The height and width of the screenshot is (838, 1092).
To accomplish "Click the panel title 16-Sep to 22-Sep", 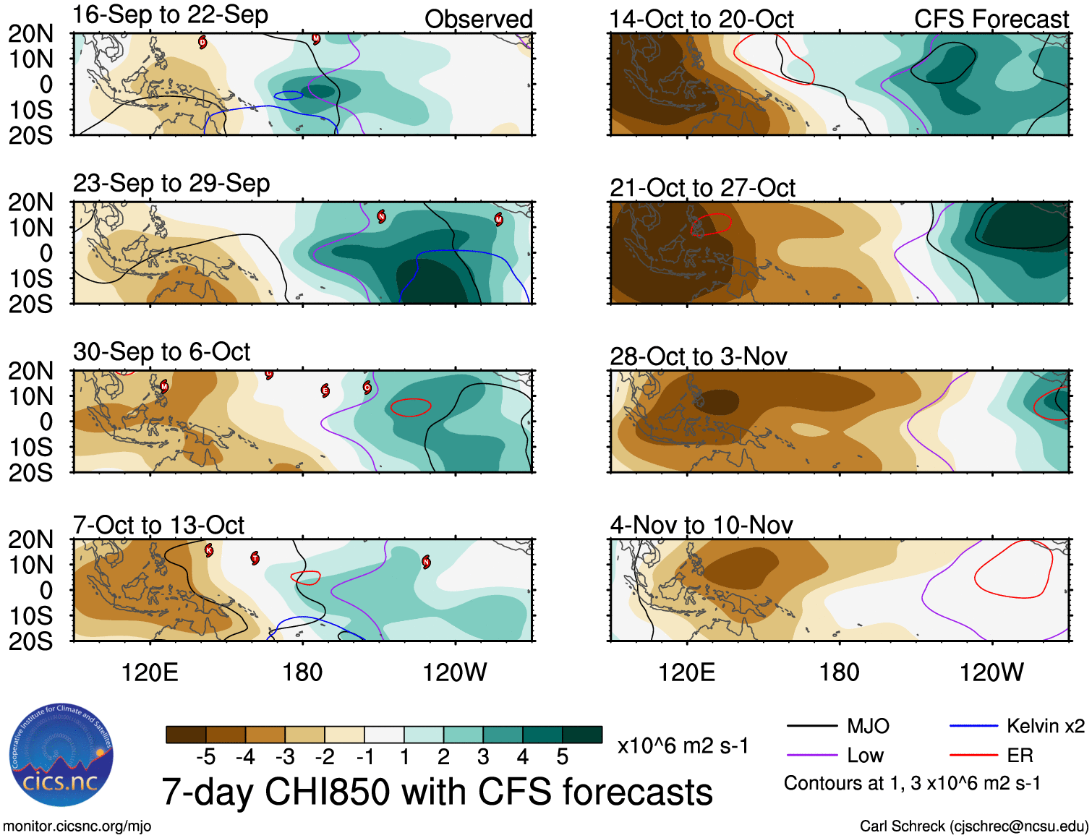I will pyautogui.click(x=171, y=15).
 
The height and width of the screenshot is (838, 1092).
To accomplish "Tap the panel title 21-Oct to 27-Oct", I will pyautogui.click(x=702, y=188).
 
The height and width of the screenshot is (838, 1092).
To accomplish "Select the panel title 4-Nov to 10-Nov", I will pyautogui.click(x=701, y=525).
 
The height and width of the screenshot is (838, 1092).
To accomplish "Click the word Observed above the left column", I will pyautogui.click(x=478, y=20).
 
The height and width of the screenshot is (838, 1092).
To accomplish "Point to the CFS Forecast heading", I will pyautogui.click(x=991, y=20).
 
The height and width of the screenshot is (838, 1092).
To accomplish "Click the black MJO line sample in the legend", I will pyautogui.click(x=811, y=726).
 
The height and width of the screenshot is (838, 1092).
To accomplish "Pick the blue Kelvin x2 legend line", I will pyautogui.click(x=973, y=726).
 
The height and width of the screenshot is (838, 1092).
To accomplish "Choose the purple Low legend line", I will pyautogui.click(x=811, y=756).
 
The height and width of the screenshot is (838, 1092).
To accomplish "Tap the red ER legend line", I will pyautogui.click(x=973, y=756).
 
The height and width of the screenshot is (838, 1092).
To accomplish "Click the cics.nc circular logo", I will pyautogui.click(x=61, y=756).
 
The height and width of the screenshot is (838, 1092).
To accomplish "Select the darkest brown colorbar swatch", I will pyautogui.click(x=186, y=735).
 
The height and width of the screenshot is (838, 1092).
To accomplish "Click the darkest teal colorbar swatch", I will pyautogui.click(x=582, y=735).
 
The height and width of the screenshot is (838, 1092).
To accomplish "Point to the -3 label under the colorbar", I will pyautogui.click(x=285, y=757).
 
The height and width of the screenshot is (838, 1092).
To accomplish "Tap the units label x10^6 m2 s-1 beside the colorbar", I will pyautogui.click(x=683, y=745).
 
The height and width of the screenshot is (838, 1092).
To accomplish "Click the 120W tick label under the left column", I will pyautogui.click(x=454, y=672).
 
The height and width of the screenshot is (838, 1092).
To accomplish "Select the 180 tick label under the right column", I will pyautogui.click(x=839, y=672).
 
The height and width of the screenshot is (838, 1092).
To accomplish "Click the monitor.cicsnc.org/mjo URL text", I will pyautogui.click(x=77, y=826).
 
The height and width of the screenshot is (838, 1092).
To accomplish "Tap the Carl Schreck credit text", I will pyautogui.click(x=973, y=826).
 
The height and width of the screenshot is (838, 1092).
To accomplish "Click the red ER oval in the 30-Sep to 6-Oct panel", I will pyautogui.click(x=411, y=407).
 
